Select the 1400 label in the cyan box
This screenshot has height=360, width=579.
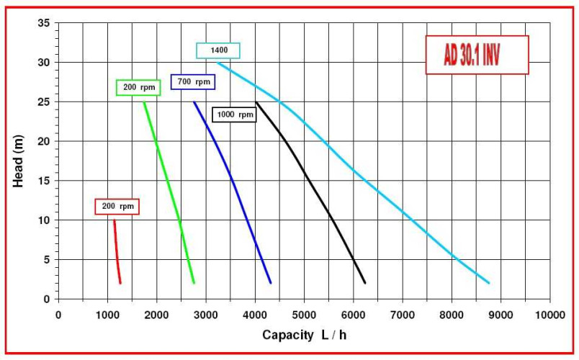[218, 50]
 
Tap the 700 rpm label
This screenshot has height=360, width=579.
[193, 82]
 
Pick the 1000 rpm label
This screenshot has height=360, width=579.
[235, 114]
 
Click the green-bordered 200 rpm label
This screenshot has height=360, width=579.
[138, 87]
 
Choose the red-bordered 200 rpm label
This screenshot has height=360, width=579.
[117, 207]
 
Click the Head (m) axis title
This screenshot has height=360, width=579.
[19, 161]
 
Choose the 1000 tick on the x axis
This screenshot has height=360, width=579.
[107, 315]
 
